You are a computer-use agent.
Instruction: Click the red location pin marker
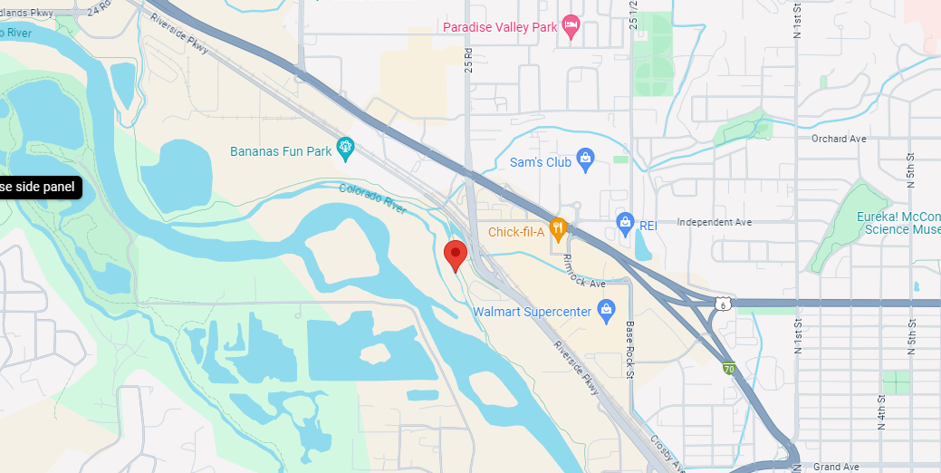(456, 255)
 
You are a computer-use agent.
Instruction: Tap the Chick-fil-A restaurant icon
(558, 230)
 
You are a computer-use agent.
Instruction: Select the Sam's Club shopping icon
(585, 161)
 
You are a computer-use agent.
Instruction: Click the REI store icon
(624, 222)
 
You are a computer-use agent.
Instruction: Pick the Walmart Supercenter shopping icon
(607, 311)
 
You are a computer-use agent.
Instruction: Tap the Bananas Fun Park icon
(344, 147)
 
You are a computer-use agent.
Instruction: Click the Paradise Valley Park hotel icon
(571, 26)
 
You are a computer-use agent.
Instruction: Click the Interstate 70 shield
(729, 369)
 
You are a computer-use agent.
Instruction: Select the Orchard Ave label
(839, 139)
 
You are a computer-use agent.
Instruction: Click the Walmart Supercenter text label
(532, 312)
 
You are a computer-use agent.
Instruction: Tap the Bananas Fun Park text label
(281, 151)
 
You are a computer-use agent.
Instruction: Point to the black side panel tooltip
(41, 187)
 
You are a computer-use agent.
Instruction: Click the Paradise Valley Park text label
(500, 27)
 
